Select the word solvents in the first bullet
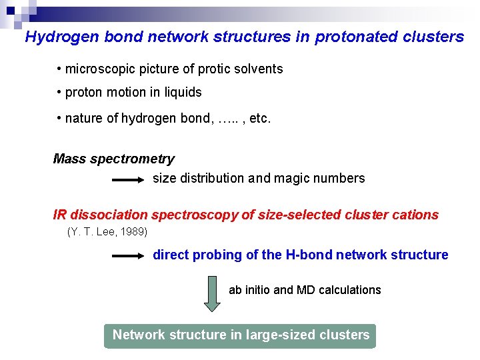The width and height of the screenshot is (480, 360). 259,69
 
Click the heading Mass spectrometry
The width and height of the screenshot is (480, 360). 113,159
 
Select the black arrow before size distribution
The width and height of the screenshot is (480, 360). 128,179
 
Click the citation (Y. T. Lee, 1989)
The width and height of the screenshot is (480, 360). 107,232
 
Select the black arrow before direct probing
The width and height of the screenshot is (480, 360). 128,255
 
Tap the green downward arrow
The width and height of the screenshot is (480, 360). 211,293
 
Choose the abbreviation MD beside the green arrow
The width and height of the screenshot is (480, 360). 305,290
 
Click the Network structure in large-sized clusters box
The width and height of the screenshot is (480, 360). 240,335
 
